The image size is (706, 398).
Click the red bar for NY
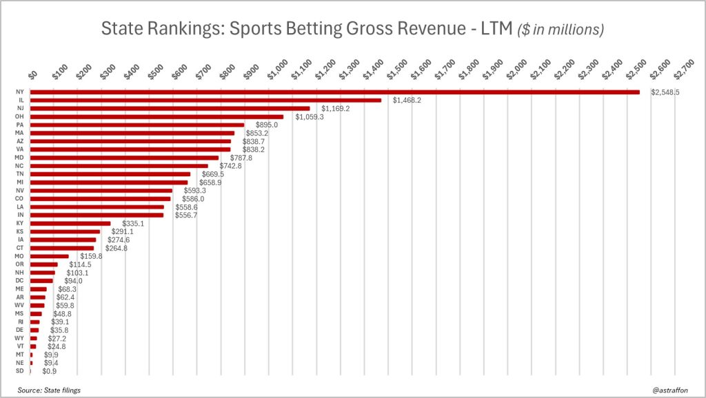[334, 92]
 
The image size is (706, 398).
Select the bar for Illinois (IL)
[205, 101]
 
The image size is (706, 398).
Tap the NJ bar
[170, 109]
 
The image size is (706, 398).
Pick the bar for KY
[70, 223]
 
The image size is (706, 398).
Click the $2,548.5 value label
[665, 92]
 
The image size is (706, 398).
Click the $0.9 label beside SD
[50, 371]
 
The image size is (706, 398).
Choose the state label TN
[19, 174]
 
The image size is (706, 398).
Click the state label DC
[19, 281]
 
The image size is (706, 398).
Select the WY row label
[19, 338]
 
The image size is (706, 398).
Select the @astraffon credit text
[671, 390]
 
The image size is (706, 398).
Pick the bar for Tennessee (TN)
[110, 174]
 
